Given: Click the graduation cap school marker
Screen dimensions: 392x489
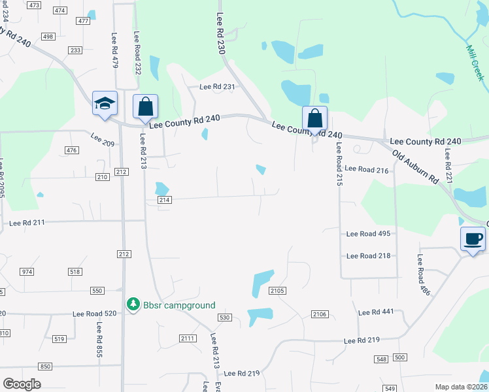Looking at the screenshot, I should click(104, 104).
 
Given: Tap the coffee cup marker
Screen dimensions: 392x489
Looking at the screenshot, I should click(472, 239).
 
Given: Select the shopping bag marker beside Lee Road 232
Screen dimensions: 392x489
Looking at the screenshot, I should click(145, 107).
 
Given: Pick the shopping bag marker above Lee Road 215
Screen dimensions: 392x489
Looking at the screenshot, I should click(314, 119).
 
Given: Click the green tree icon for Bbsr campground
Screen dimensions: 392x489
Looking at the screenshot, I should click(133, 304).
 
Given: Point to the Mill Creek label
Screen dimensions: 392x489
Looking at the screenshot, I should click(475, 63).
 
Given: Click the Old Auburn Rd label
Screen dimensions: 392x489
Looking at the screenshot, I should click(415, 167).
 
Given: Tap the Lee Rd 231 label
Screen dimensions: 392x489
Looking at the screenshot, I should click(216, 87).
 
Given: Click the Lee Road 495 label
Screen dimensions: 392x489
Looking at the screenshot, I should click(368, 234).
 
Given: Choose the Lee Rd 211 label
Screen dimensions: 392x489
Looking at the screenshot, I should click(27, 223).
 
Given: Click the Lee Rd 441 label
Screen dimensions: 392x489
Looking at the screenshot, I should click(376, 312).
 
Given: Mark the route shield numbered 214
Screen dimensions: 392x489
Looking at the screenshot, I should click(164, 200).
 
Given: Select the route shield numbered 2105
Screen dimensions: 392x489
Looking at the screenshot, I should click(277, 290).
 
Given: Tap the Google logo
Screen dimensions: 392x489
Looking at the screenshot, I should click(22, 384).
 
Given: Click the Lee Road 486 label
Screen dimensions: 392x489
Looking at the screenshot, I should click(424, 275).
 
